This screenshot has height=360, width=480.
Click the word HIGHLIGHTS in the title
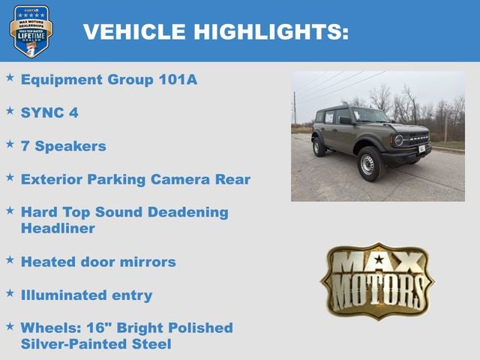pos(271,31)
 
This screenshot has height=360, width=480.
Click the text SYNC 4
pos(49,112)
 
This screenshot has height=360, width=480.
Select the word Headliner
pos(58,229)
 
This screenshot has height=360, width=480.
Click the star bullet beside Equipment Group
pos(10,77)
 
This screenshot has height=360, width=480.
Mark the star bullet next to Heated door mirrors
pos(10,259)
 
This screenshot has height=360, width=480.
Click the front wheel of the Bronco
pos(367,163)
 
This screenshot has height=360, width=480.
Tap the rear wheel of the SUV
pos(319,146)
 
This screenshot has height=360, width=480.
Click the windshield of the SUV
pos(370,115)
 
